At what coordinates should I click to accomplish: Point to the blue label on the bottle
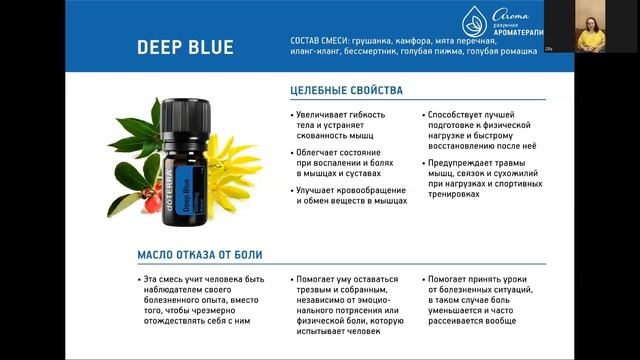[199, 170]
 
